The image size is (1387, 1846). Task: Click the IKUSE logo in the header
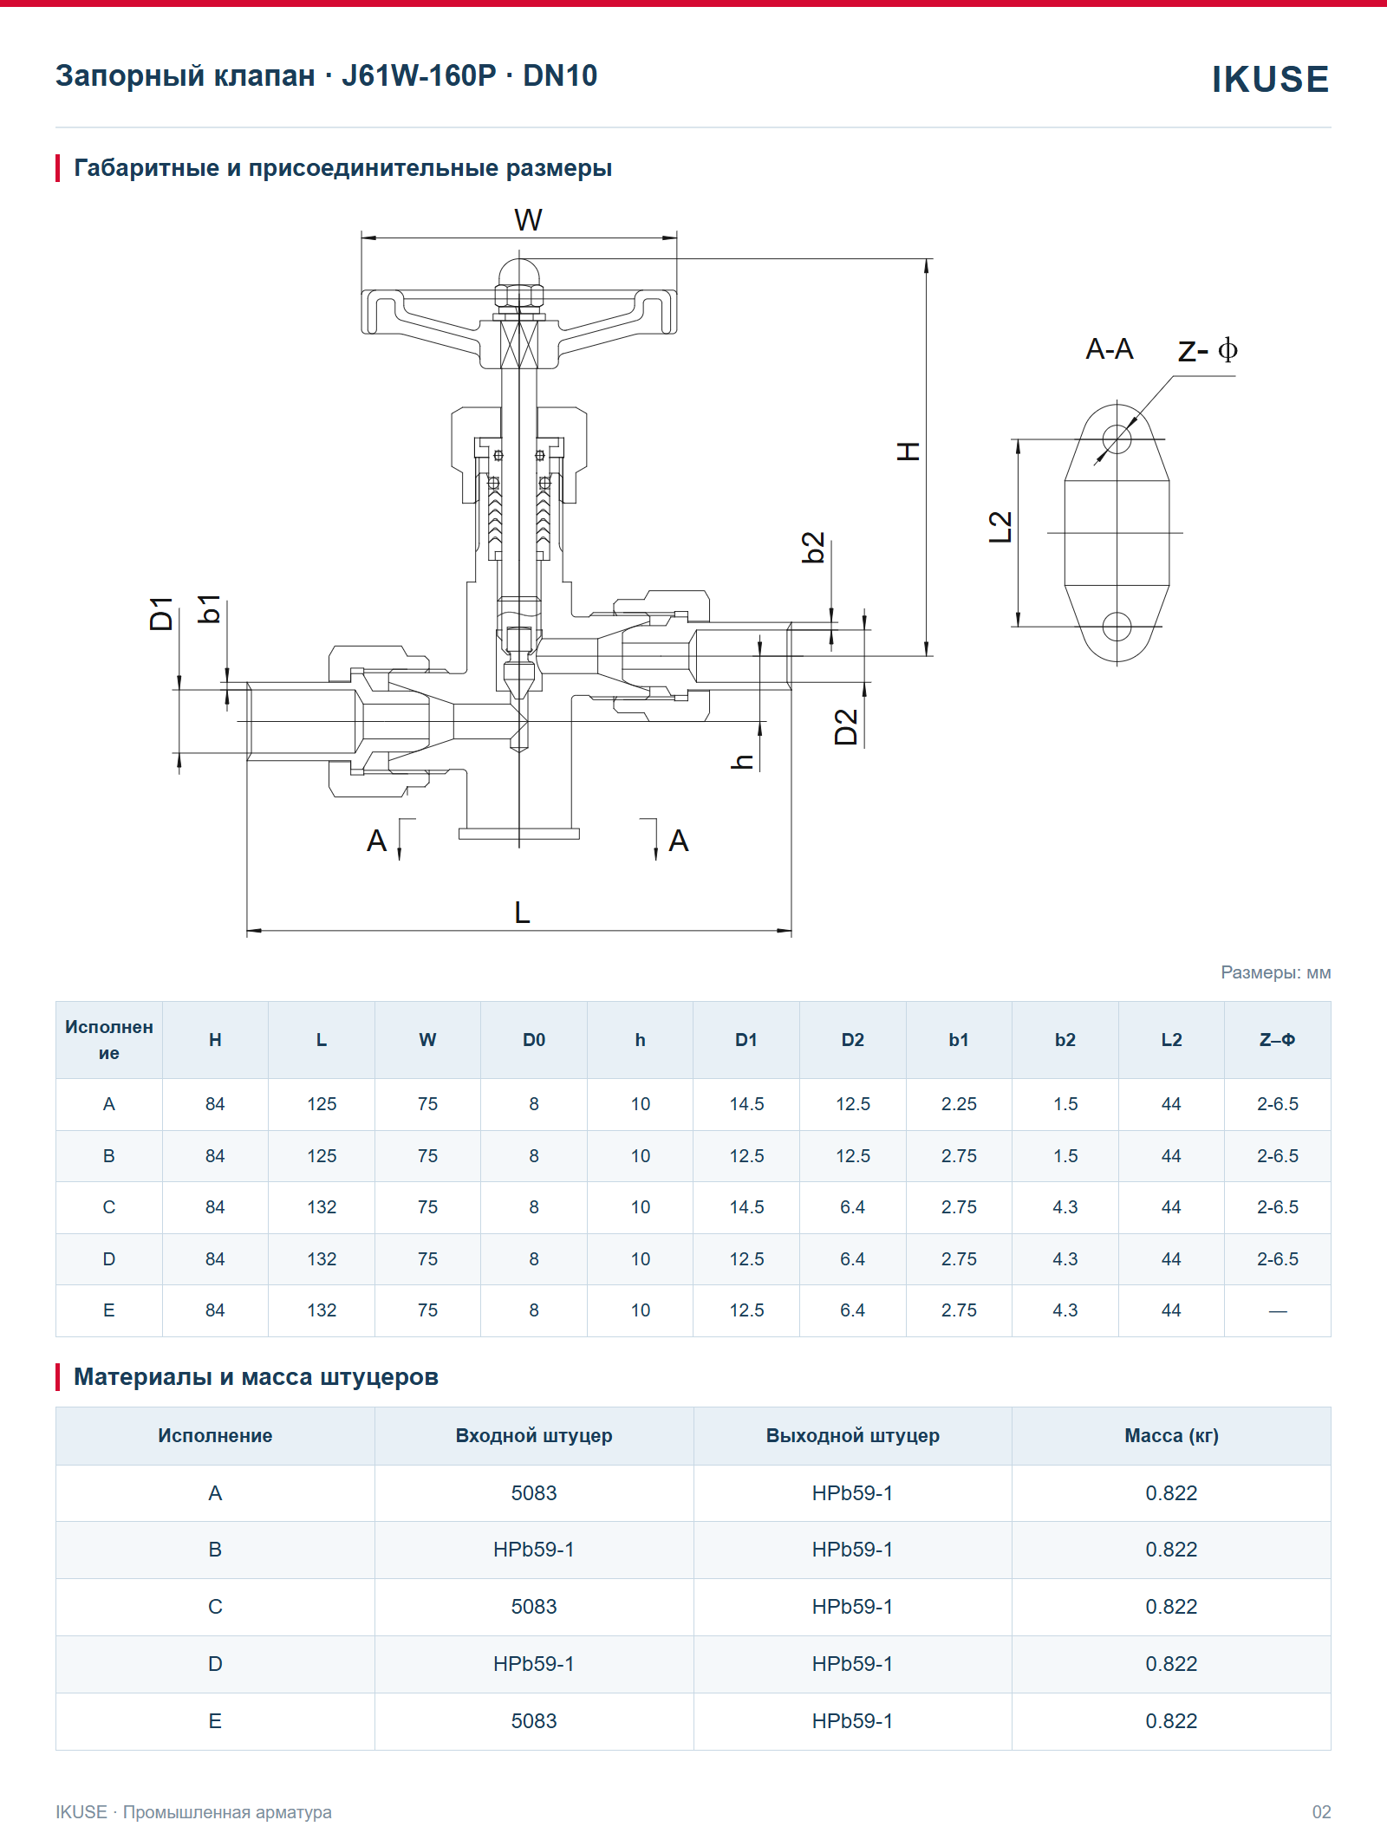1270,79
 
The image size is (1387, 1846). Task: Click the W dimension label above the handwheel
528,220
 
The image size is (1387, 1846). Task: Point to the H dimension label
908,451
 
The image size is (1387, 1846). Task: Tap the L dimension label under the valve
522,913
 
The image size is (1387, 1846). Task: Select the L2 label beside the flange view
1000,527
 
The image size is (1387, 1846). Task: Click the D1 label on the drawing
161,614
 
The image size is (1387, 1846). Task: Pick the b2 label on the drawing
813,548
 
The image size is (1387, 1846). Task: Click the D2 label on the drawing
845,727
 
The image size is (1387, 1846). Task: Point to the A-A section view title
1110,349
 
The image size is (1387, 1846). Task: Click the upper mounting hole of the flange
1117,439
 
